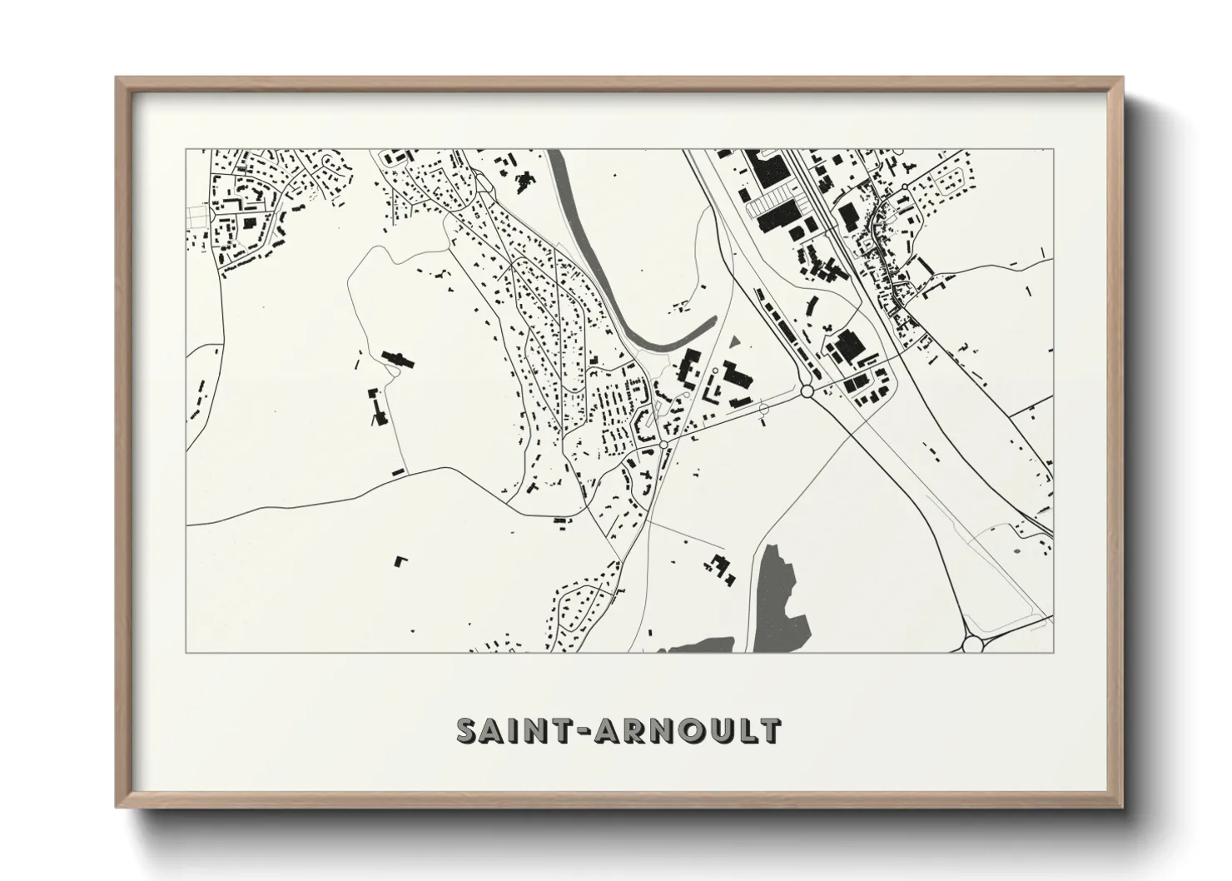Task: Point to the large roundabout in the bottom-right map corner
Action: pos(973,643)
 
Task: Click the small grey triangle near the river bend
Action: pos(734,341)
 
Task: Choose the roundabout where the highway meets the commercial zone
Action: pos(806,390)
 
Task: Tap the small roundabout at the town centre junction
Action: pos(663,445)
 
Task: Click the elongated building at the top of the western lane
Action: pos(397,359)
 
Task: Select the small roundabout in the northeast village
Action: pos(905,187)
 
